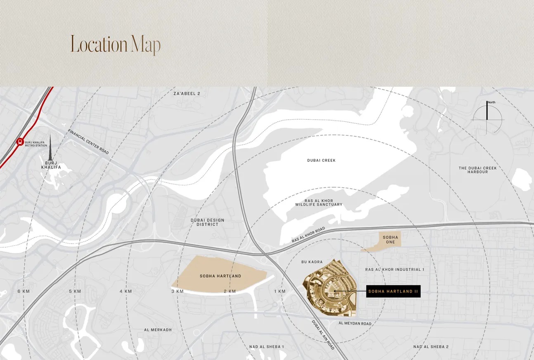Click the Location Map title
[x=115, y=44]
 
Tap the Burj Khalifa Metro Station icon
[x=19, y=142]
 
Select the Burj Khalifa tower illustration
[x=51, y=149]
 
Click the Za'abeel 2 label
[x=187, y=94]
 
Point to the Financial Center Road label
[x=88, y=142]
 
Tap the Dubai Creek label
[x=321, y=160]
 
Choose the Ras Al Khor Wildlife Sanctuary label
[x=318, y=202]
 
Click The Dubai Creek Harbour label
[x=477, y=170]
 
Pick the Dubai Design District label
[x=207, y=222]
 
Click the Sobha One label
[x=390, y=239]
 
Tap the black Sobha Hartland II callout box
[x=393, y=291]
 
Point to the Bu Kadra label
[x=312, y=262]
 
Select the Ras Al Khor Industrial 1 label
[x=395, y=270]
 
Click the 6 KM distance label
[x=24, y=291]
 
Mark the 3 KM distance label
[x=177, y=291]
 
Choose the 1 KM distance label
[x=279, y=291]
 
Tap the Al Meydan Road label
[x=354, y=324]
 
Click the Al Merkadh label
[x=158, y=330]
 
